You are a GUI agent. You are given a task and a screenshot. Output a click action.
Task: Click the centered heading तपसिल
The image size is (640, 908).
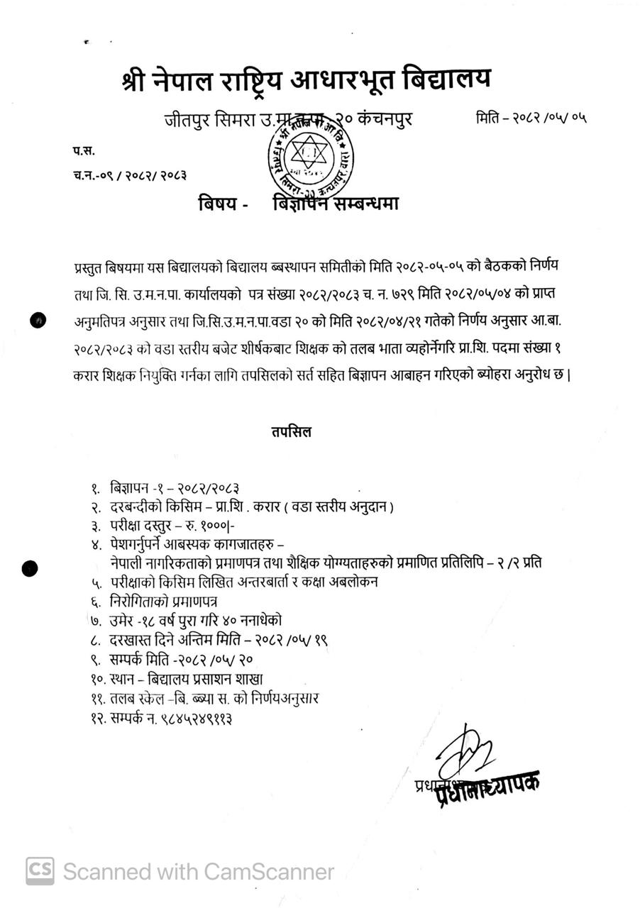pos(290,431)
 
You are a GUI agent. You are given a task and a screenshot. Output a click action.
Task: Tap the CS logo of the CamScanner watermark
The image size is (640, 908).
pos(40,870)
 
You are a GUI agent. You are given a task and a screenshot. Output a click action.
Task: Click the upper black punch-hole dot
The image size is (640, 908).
pos(38,321)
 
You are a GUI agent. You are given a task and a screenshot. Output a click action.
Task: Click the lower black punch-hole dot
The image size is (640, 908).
pos(30,567)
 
